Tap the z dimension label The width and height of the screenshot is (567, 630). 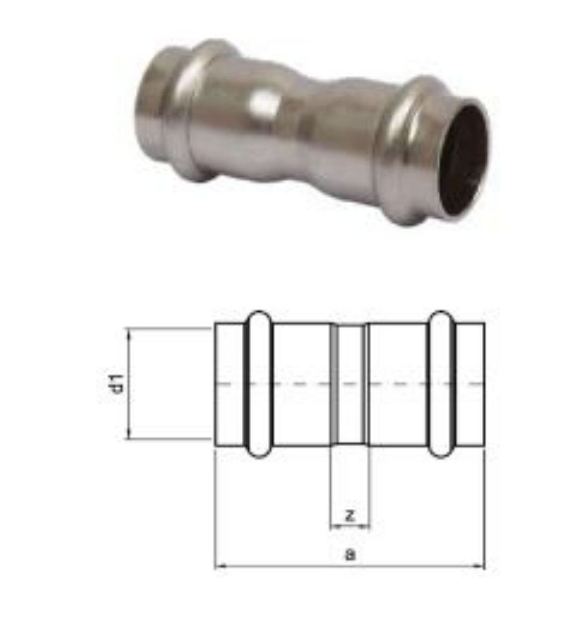[350, 515]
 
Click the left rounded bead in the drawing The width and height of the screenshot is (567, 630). [259, 384]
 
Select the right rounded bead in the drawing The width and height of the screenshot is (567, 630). [442, 384]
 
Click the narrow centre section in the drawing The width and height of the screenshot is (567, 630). [350, 384]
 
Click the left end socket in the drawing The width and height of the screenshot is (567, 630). [229, 384]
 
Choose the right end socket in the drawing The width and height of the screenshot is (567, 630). [470, 384]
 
